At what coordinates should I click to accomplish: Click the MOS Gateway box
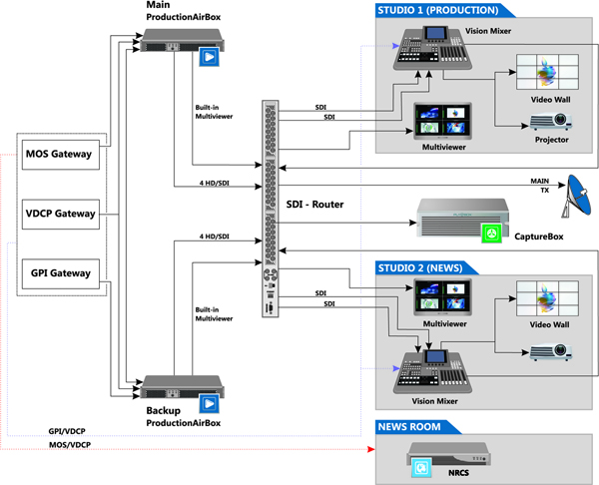click(x=59, y=154)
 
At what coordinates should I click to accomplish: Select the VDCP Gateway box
click(x=59, y=214)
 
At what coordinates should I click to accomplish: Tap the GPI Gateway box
click(x=59, y=272)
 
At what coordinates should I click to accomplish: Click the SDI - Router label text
click(x=314, y=204)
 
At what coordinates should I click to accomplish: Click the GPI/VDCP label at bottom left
click(x=67, y=432)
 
